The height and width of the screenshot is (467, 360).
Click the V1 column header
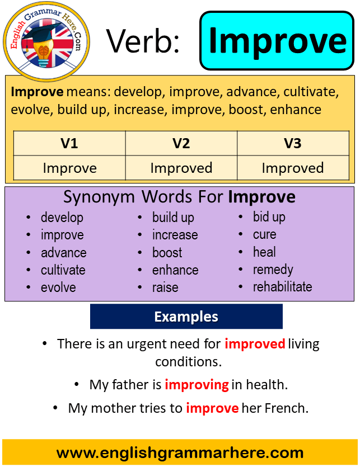[69, 143]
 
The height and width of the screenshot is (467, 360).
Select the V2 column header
[181, 143]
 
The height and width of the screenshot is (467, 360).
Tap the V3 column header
[293, 143]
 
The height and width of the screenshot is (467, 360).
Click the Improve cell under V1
[69, 168]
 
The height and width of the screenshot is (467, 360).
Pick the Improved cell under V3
[293, 168]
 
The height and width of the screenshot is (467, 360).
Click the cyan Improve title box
[277, 41]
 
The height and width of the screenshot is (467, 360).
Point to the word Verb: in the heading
[143, 41]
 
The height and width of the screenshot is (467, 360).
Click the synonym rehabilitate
[282, 287]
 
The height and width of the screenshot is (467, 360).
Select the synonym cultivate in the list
[63, 270]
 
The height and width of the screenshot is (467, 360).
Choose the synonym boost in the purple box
[167, 253]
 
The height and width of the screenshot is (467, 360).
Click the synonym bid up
[269, 217]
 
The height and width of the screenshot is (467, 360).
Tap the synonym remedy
[273, 270]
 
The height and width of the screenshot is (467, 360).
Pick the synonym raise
[165, 287]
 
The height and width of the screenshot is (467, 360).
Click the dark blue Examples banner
[186, 317]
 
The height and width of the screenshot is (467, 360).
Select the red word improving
[197, 384]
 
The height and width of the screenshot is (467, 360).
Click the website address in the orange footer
[180, 453]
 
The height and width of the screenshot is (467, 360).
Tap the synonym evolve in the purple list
[58, 287]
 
